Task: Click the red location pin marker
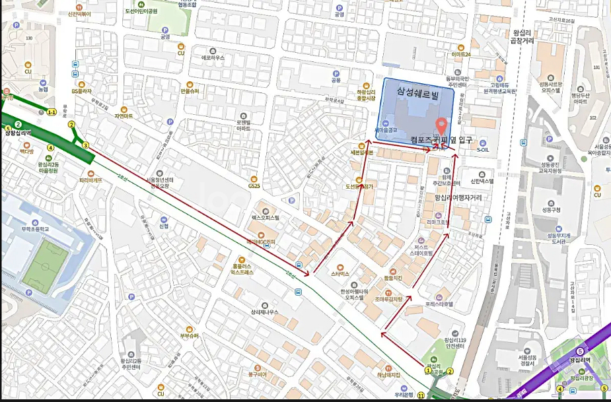tap(441, 125)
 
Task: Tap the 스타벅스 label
tap(340, 273)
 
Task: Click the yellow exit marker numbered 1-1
tap(51, 112)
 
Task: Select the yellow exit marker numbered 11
tap(420, 395)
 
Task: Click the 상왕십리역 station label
tap(18, 133)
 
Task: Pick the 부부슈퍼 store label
tap(189, 335)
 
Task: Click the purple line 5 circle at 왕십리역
tap(579, 351)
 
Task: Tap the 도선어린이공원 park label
tap(160, 11)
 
